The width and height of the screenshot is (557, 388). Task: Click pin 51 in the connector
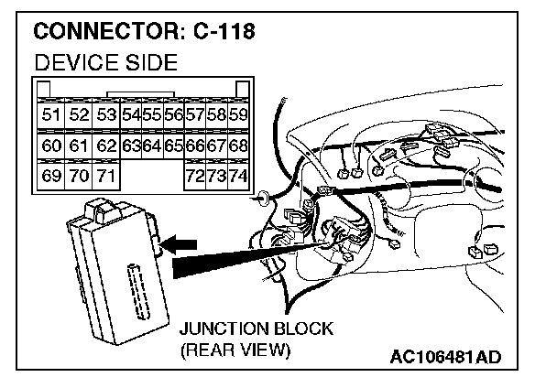(x=51, y=115)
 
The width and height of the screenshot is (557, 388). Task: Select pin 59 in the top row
(x=237, y=115)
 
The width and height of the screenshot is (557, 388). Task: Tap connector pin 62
(x=106, y=146)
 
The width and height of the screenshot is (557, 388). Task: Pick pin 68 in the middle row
(x=237, y=146)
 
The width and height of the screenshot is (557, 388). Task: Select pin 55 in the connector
(x=151, y=115)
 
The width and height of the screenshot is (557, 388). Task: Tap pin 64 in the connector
(x=151, y=146)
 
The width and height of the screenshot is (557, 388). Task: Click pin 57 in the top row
(x=195, y=115)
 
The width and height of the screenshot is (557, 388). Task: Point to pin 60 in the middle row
(x=51, y=146)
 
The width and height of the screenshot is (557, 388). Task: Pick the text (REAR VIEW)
(x=235, y=350)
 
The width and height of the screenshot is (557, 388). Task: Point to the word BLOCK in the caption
(x=301, y=329)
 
